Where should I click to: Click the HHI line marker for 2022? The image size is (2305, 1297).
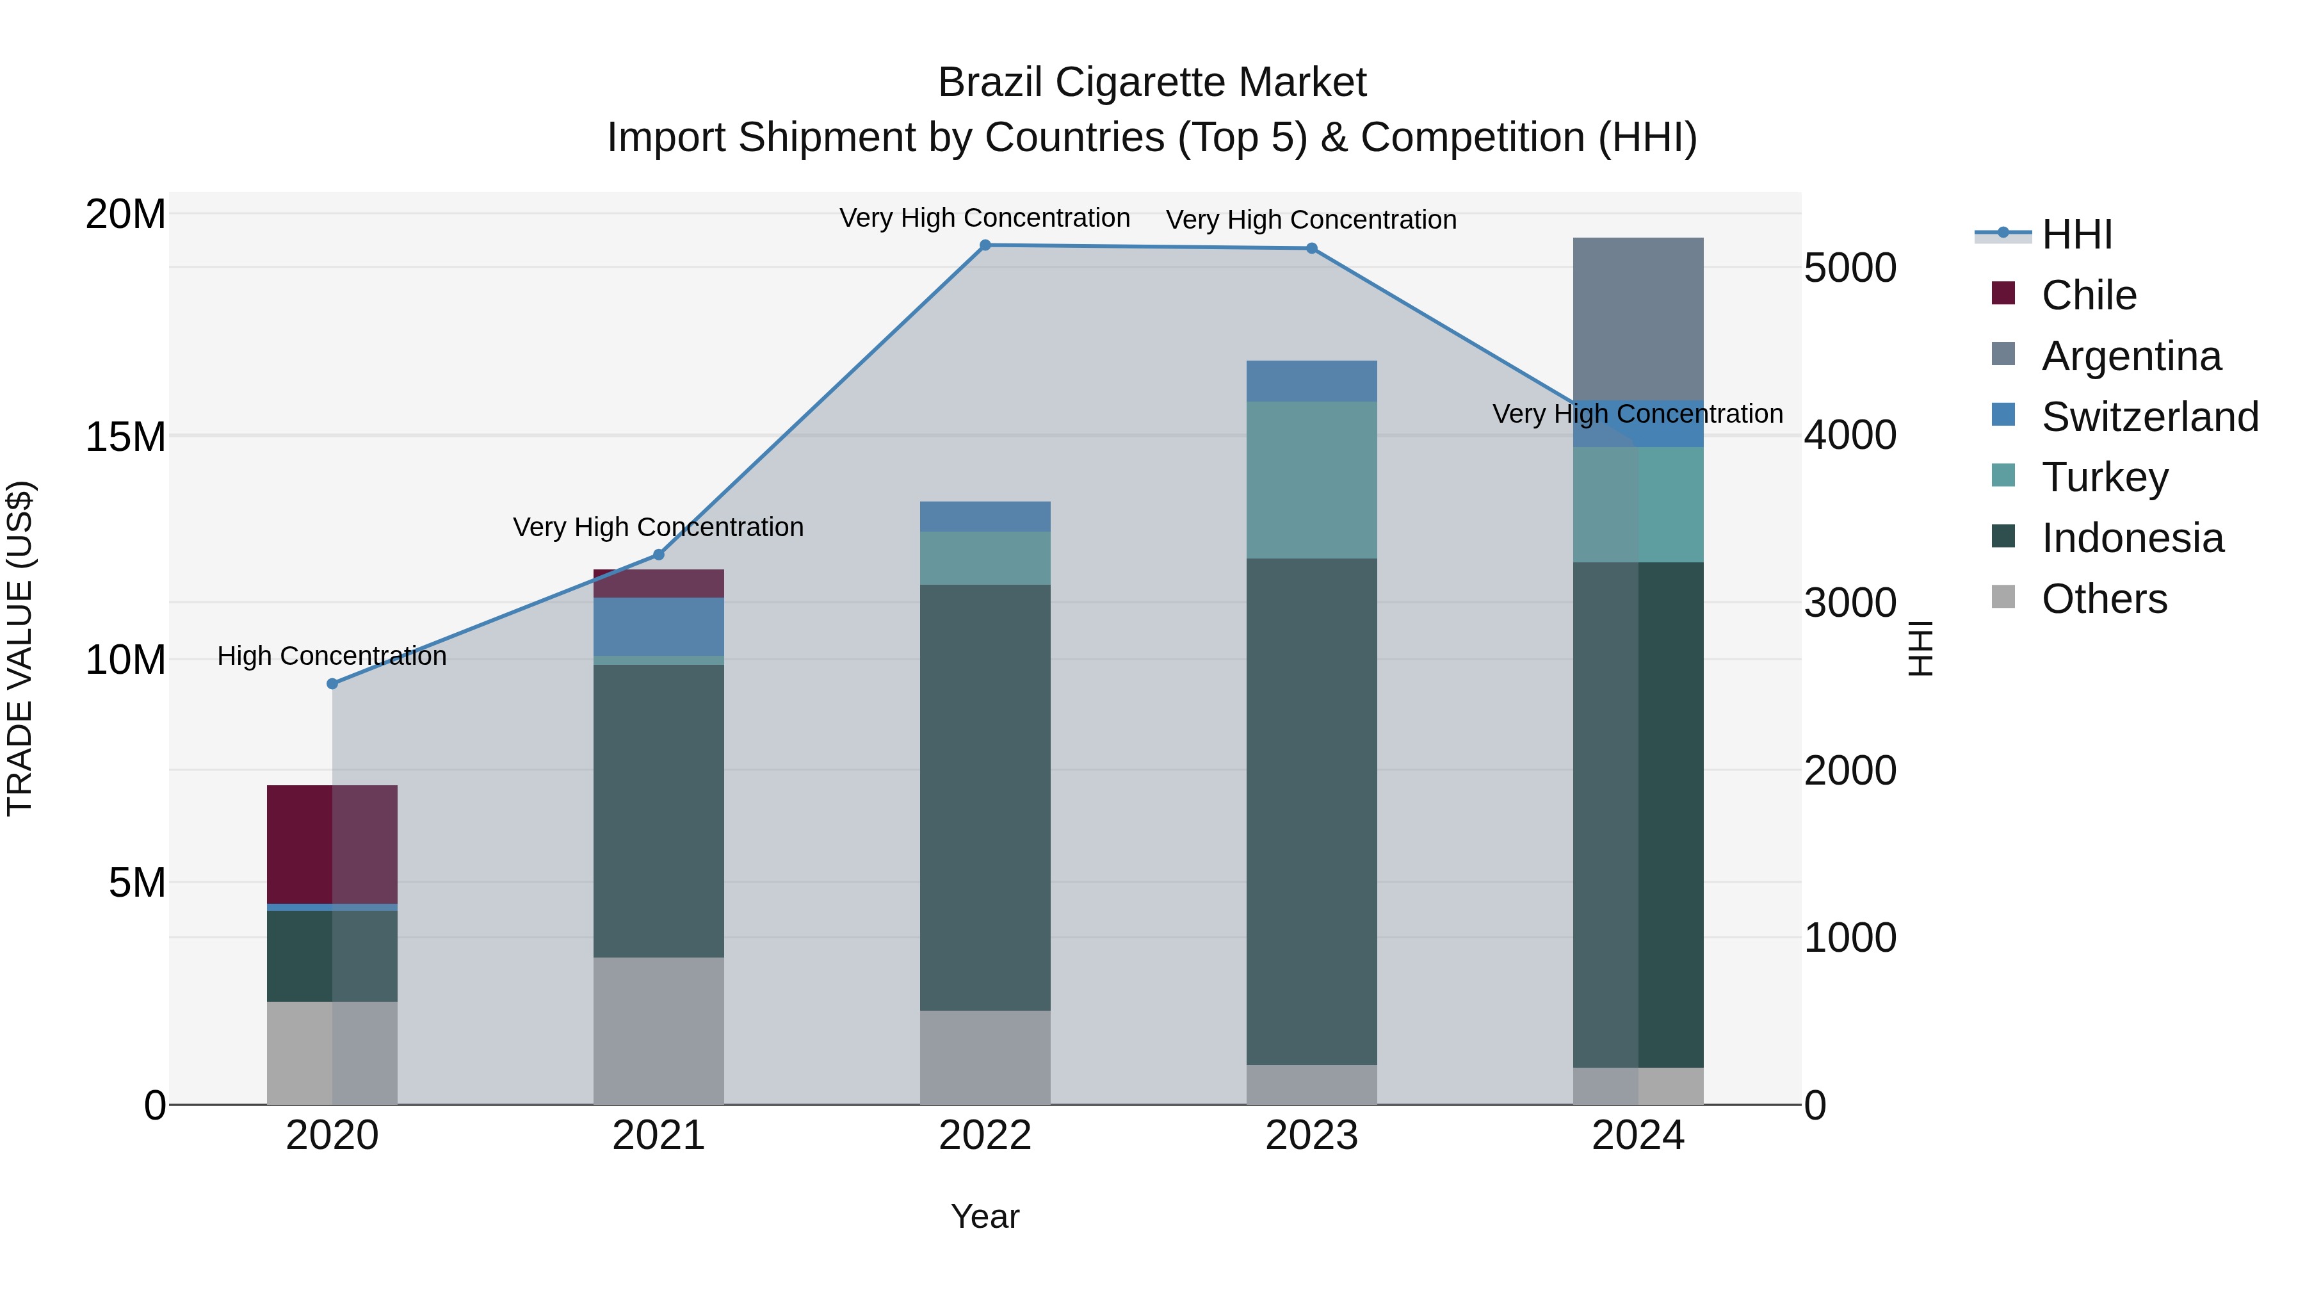[985, 245]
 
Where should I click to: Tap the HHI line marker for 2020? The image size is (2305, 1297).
[332, 684]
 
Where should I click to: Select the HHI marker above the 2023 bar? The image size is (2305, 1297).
[1312, 249]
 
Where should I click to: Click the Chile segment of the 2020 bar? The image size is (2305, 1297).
[332, 844]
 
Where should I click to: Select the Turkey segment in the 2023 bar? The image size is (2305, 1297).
[1312, 480]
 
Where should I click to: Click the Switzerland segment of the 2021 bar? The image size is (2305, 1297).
[659, 626]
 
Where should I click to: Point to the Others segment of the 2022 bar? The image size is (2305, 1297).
[985, 1057]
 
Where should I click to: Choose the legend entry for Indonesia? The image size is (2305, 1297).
[2131, 538]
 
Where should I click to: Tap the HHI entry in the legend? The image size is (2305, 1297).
[2076, 234]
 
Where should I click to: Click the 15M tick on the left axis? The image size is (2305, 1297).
[125, 437]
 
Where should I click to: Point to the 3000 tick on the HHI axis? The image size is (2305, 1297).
[1850, 603]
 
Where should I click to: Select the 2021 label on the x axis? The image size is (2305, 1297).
[659, 1136]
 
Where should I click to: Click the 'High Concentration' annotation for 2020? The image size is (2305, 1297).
[332, 656]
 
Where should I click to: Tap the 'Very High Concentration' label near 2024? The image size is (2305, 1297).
[1637, 414]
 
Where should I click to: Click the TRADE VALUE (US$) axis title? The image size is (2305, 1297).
[20, 648]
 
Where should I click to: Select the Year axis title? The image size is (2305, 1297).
[985, 1216]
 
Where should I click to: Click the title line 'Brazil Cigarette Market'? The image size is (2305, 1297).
[1152, 83]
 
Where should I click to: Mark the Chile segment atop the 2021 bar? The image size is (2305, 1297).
[659, 583]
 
